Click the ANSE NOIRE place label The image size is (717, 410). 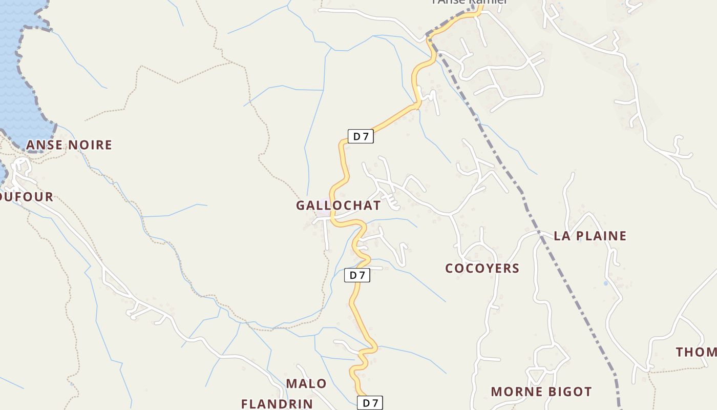[69, 145]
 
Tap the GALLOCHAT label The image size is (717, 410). [338, 206]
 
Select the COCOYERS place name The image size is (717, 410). [482, 268]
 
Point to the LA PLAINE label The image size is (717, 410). [590, 236]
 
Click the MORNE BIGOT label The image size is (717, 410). [541, 392]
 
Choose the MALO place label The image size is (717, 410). [306, 383]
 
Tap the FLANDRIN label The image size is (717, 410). [277, 404]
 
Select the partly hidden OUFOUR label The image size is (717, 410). [27, 197]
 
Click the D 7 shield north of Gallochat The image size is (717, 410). [361, 136]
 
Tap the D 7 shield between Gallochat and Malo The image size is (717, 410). [357, 275]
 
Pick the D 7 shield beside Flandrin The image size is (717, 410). [370, 403]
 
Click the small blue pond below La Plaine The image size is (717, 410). [606, 283]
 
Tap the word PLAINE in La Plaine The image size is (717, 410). [600, 236]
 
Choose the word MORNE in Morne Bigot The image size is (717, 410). [514, 392]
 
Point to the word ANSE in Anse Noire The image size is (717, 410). [43, 145]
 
